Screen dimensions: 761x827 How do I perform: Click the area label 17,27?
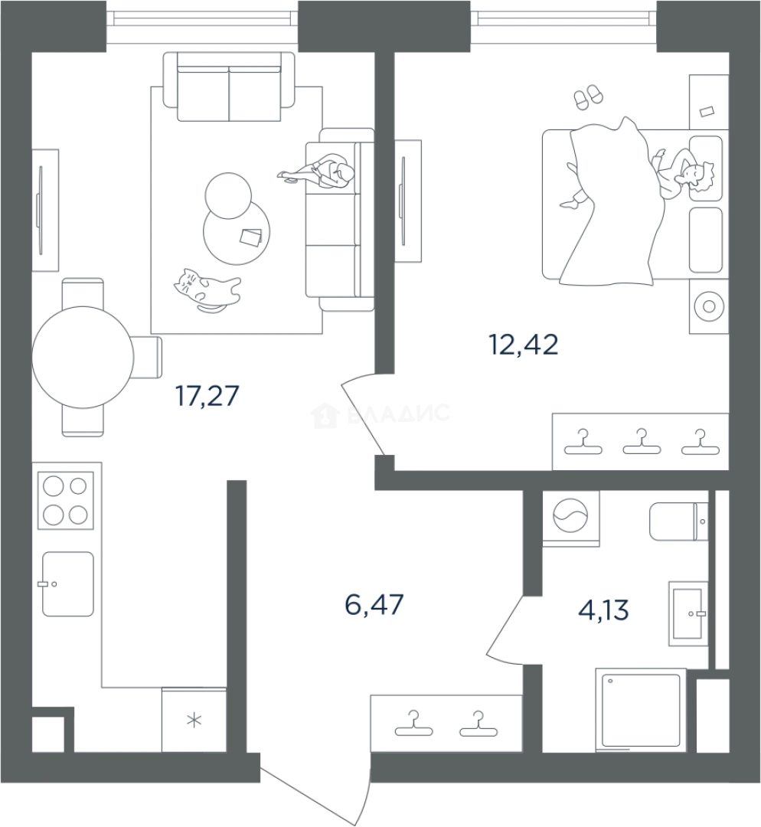[x=207, y=396]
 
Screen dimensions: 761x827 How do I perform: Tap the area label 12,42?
[x=524, y=345]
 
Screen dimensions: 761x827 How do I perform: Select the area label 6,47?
[x=374, y=604]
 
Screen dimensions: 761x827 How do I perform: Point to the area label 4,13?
[x=603, y=610]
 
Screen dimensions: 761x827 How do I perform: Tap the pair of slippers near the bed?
[x=588, y=97]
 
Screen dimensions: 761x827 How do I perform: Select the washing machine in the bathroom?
[x=571, y=518]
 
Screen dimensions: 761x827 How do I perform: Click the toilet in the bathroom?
[x=679, y=521]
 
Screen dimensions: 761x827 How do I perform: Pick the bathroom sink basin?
[x=688, y=613]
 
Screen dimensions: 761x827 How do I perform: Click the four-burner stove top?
[x=66, y=501]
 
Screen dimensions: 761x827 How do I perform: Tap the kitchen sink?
[x=67, y=583]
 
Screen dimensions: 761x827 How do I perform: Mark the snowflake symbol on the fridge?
[x=194, y=720]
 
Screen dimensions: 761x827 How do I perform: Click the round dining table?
[x=83, y=357]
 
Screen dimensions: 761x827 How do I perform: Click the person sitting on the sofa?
[x=319, y=170]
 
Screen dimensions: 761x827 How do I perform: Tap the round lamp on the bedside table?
[x=709, y=306]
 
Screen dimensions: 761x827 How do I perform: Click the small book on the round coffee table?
[x=250, y=237]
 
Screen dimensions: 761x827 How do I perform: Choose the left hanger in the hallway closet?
[x=413, y=724]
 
